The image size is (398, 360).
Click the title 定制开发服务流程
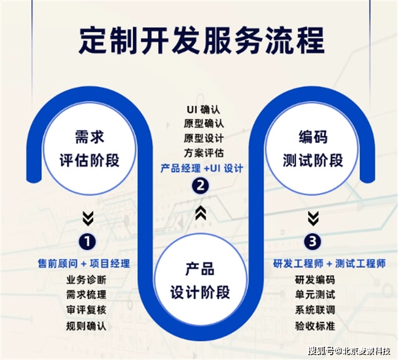tap(202, 41)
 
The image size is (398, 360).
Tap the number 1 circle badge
tap(88, 241)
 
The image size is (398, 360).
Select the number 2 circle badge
tap(200, 186)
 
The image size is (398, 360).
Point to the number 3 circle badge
tap(313, 241)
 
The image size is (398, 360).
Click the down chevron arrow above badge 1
tap(88, 218)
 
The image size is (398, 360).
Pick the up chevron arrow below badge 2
tap(201, 213)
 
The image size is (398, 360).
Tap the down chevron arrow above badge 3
tap(313, 218)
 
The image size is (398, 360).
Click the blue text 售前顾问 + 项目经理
tap(84, 264)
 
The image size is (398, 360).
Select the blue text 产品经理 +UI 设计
tap(202, 168)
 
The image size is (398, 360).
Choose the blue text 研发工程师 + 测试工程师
tap(330, 264)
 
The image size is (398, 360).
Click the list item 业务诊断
tap(86, 280)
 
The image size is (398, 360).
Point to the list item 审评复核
tap(86, 310)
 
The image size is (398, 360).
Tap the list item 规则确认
tap(86, 326)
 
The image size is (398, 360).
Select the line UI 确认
tap(204, 110)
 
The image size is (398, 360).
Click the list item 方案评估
tap(204, 153)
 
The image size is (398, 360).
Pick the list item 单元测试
tap(315, 295)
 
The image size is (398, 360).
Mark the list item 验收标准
tap(315, 326)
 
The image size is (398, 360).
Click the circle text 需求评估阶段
tap(89, 148)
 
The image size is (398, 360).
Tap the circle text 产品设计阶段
tap(200, 280)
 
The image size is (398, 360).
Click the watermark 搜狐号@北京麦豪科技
tap(349, 351)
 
